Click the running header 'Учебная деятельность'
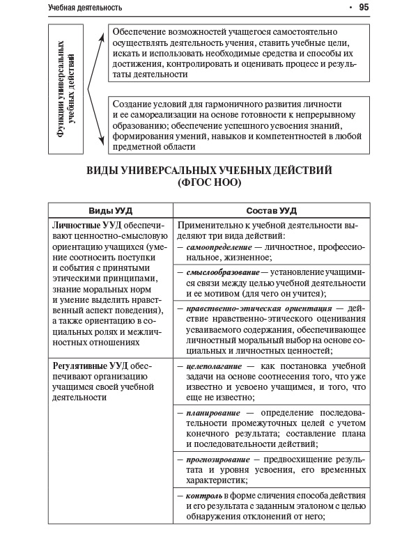pos(85,8)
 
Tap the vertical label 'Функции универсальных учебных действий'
pos(65,89)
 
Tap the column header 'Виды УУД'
pos(110,210)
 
